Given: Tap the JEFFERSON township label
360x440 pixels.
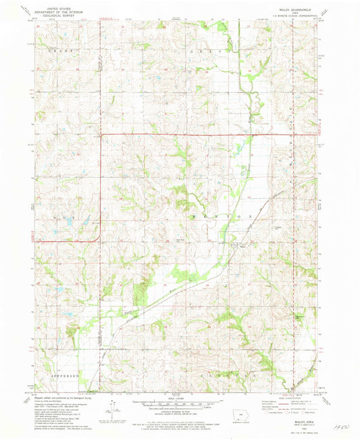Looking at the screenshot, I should coord(57,374).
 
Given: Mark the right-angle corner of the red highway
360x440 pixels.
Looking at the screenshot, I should coord(101,135).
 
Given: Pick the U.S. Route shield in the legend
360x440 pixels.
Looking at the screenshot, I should coord(291,410).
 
